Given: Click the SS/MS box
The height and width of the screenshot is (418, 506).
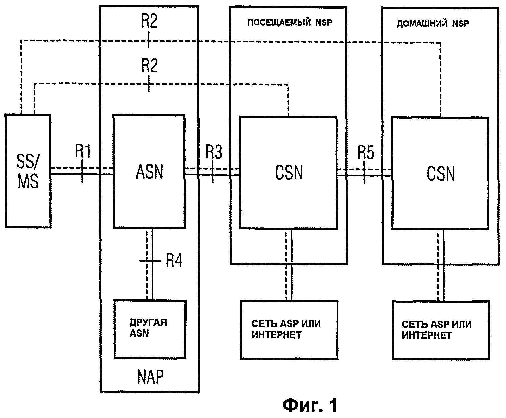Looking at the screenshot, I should point(28,171).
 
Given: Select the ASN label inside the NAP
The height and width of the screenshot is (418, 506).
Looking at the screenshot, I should point(149,172).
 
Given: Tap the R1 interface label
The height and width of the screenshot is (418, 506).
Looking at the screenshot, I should point(83,151).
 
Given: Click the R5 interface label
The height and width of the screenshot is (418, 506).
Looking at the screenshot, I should point(366,153).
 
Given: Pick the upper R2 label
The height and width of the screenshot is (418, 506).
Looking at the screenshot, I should point(149,21).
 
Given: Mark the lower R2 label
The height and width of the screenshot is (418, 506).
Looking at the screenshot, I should point(149,66).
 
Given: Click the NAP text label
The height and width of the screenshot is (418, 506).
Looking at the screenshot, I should point(150,377).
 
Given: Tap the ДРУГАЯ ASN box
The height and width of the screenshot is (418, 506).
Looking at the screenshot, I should point(150,329).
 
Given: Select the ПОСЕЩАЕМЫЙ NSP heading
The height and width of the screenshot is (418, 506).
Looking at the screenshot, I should point(290,22).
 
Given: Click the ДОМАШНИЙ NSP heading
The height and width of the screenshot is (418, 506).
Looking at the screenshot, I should point(433,23).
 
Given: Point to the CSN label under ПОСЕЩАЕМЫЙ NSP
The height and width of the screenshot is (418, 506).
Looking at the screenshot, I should point(289,173).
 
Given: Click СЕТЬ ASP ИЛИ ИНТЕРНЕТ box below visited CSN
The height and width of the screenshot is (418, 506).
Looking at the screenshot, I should point(289,329).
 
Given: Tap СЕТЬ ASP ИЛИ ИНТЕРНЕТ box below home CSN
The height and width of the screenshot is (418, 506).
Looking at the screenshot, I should point(441,330).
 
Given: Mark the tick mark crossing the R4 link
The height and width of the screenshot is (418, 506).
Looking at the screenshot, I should point(149,261).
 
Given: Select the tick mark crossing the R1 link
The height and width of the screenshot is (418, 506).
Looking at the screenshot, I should point(83,171).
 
